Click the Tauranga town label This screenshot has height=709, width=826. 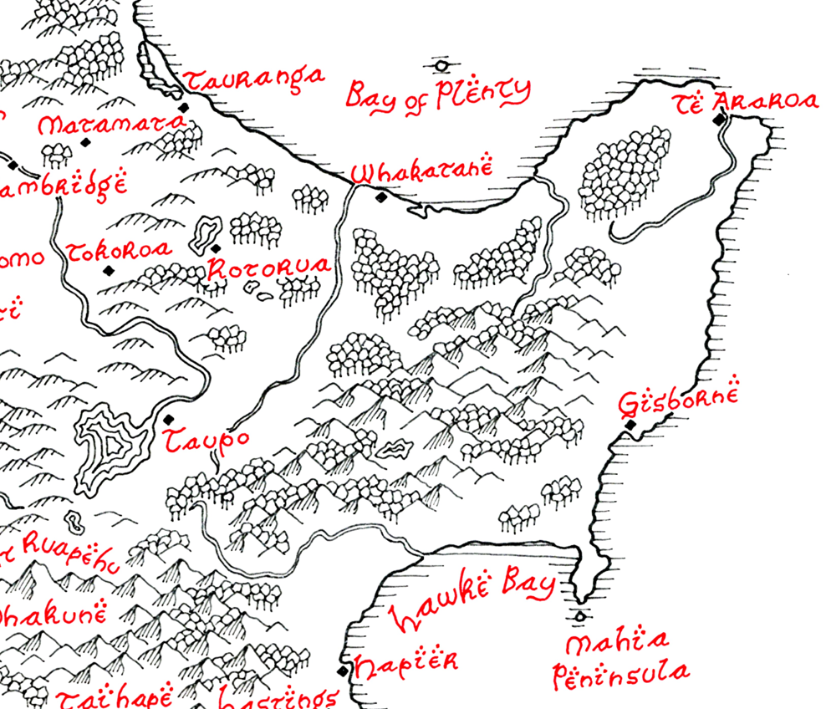(253, 79)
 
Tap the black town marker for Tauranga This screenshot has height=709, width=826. (184, 107)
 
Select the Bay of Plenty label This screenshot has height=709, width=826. (438, 93)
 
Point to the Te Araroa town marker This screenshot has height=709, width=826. (718, 120)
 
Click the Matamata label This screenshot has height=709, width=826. (110, 126)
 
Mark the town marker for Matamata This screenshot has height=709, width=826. (84, 143)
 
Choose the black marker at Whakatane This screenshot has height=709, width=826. (381, 198)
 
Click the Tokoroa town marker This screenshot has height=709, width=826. (107, 270)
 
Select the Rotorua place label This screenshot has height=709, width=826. (268, 268)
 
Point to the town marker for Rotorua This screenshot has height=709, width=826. (216, 248)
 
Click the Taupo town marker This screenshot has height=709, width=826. (169, 419)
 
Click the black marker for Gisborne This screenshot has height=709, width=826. (630, 426)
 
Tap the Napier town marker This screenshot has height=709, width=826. (341, 671)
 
